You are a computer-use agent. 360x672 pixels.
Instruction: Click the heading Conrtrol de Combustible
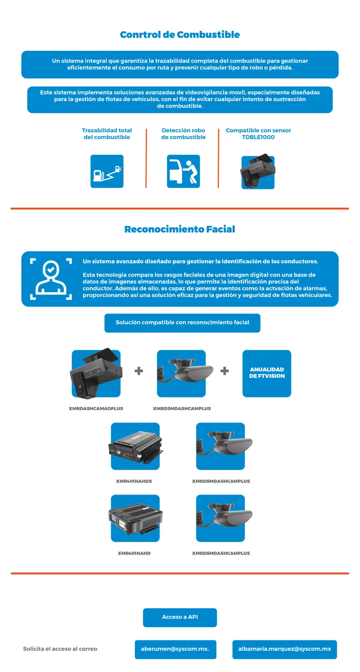[180, 35]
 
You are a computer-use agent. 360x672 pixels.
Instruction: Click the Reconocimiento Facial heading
[180, 229]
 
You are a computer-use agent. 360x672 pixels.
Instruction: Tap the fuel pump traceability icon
[107, 171]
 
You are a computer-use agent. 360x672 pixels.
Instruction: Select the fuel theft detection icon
[184, 171]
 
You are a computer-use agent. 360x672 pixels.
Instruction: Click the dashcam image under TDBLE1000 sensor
[257, 172]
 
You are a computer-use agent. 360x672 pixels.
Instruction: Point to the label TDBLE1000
[258, 137]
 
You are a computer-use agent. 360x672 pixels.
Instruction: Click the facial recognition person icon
[51, 279]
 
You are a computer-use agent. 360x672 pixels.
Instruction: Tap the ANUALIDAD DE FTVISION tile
[266, 373]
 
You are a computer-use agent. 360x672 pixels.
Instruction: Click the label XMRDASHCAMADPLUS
[96, 408]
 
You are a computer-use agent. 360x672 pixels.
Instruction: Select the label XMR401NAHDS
[134, 481]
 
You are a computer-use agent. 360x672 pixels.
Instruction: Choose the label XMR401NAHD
[134, 553]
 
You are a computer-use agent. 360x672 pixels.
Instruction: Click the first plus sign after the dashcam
[139, 371]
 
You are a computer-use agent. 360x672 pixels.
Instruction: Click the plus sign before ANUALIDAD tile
[225, 371]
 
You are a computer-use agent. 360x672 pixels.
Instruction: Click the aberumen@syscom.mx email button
[175, 650]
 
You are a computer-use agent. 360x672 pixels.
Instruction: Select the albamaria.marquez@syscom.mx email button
[285, 650]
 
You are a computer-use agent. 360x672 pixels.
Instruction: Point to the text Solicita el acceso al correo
[60, 649]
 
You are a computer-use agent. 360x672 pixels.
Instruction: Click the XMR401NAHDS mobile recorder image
[135, 446]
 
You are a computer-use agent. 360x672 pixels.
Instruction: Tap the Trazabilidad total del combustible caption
[107, 134]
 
